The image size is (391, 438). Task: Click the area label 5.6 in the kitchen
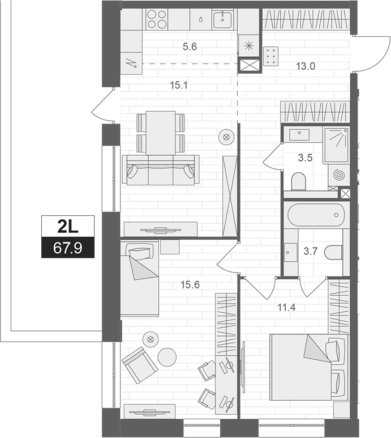(x=190, y=48)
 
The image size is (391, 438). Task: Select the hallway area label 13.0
(x=305, y=66)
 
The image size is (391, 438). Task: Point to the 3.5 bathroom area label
(x=305, y=158)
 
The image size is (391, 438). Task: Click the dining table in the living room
(x=161, y=131)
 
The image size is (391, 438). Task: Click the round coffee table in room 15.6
(x=167, y=357)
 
